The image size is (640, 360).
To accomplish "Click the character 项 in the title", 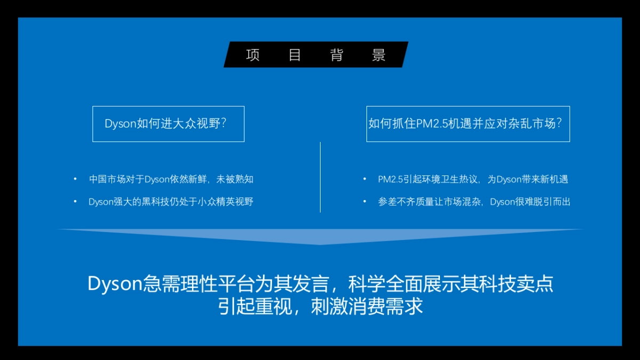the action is point(253,55).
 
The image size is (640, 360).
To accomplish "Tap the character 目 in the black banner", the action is point(294,55).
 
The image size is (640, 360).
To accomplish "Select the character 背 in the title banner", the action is point(337,55).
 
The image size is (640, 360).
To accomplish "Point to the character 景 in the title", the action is point(379,55).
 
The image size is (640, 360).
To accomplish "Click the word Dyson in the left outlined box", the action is point(121,124).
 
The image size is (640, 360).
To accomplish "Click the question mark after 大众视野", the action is point(223,123).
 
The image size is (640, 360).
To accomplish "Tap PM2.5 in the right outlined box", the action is point(431,124).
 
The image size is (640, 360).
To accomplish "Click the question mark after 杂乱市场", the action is point(559,123).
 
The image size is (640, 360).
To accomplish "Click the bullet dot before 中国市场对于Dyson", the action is point(75,179).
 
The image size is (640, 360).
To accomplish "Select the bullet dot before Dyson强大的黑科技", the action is point(75,202).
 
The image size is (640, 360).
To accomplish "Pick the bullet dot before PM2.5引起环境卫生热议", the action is point(365,179).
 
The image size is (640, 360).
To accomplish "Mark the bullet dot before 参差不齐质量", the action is point(365,202).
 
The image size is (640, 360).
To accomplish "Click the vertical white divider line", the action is point(321,177).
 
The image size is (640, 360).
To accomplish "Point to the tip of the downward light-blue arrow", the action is point(320,245).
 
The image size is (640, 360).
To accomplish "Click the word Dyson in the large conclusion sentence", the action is point(115,284).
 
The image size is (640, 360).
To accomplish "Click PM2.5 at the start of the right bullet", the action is point(390,179).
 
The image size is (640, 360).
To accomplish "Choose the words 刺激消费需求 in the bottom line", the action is point(367,307).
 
